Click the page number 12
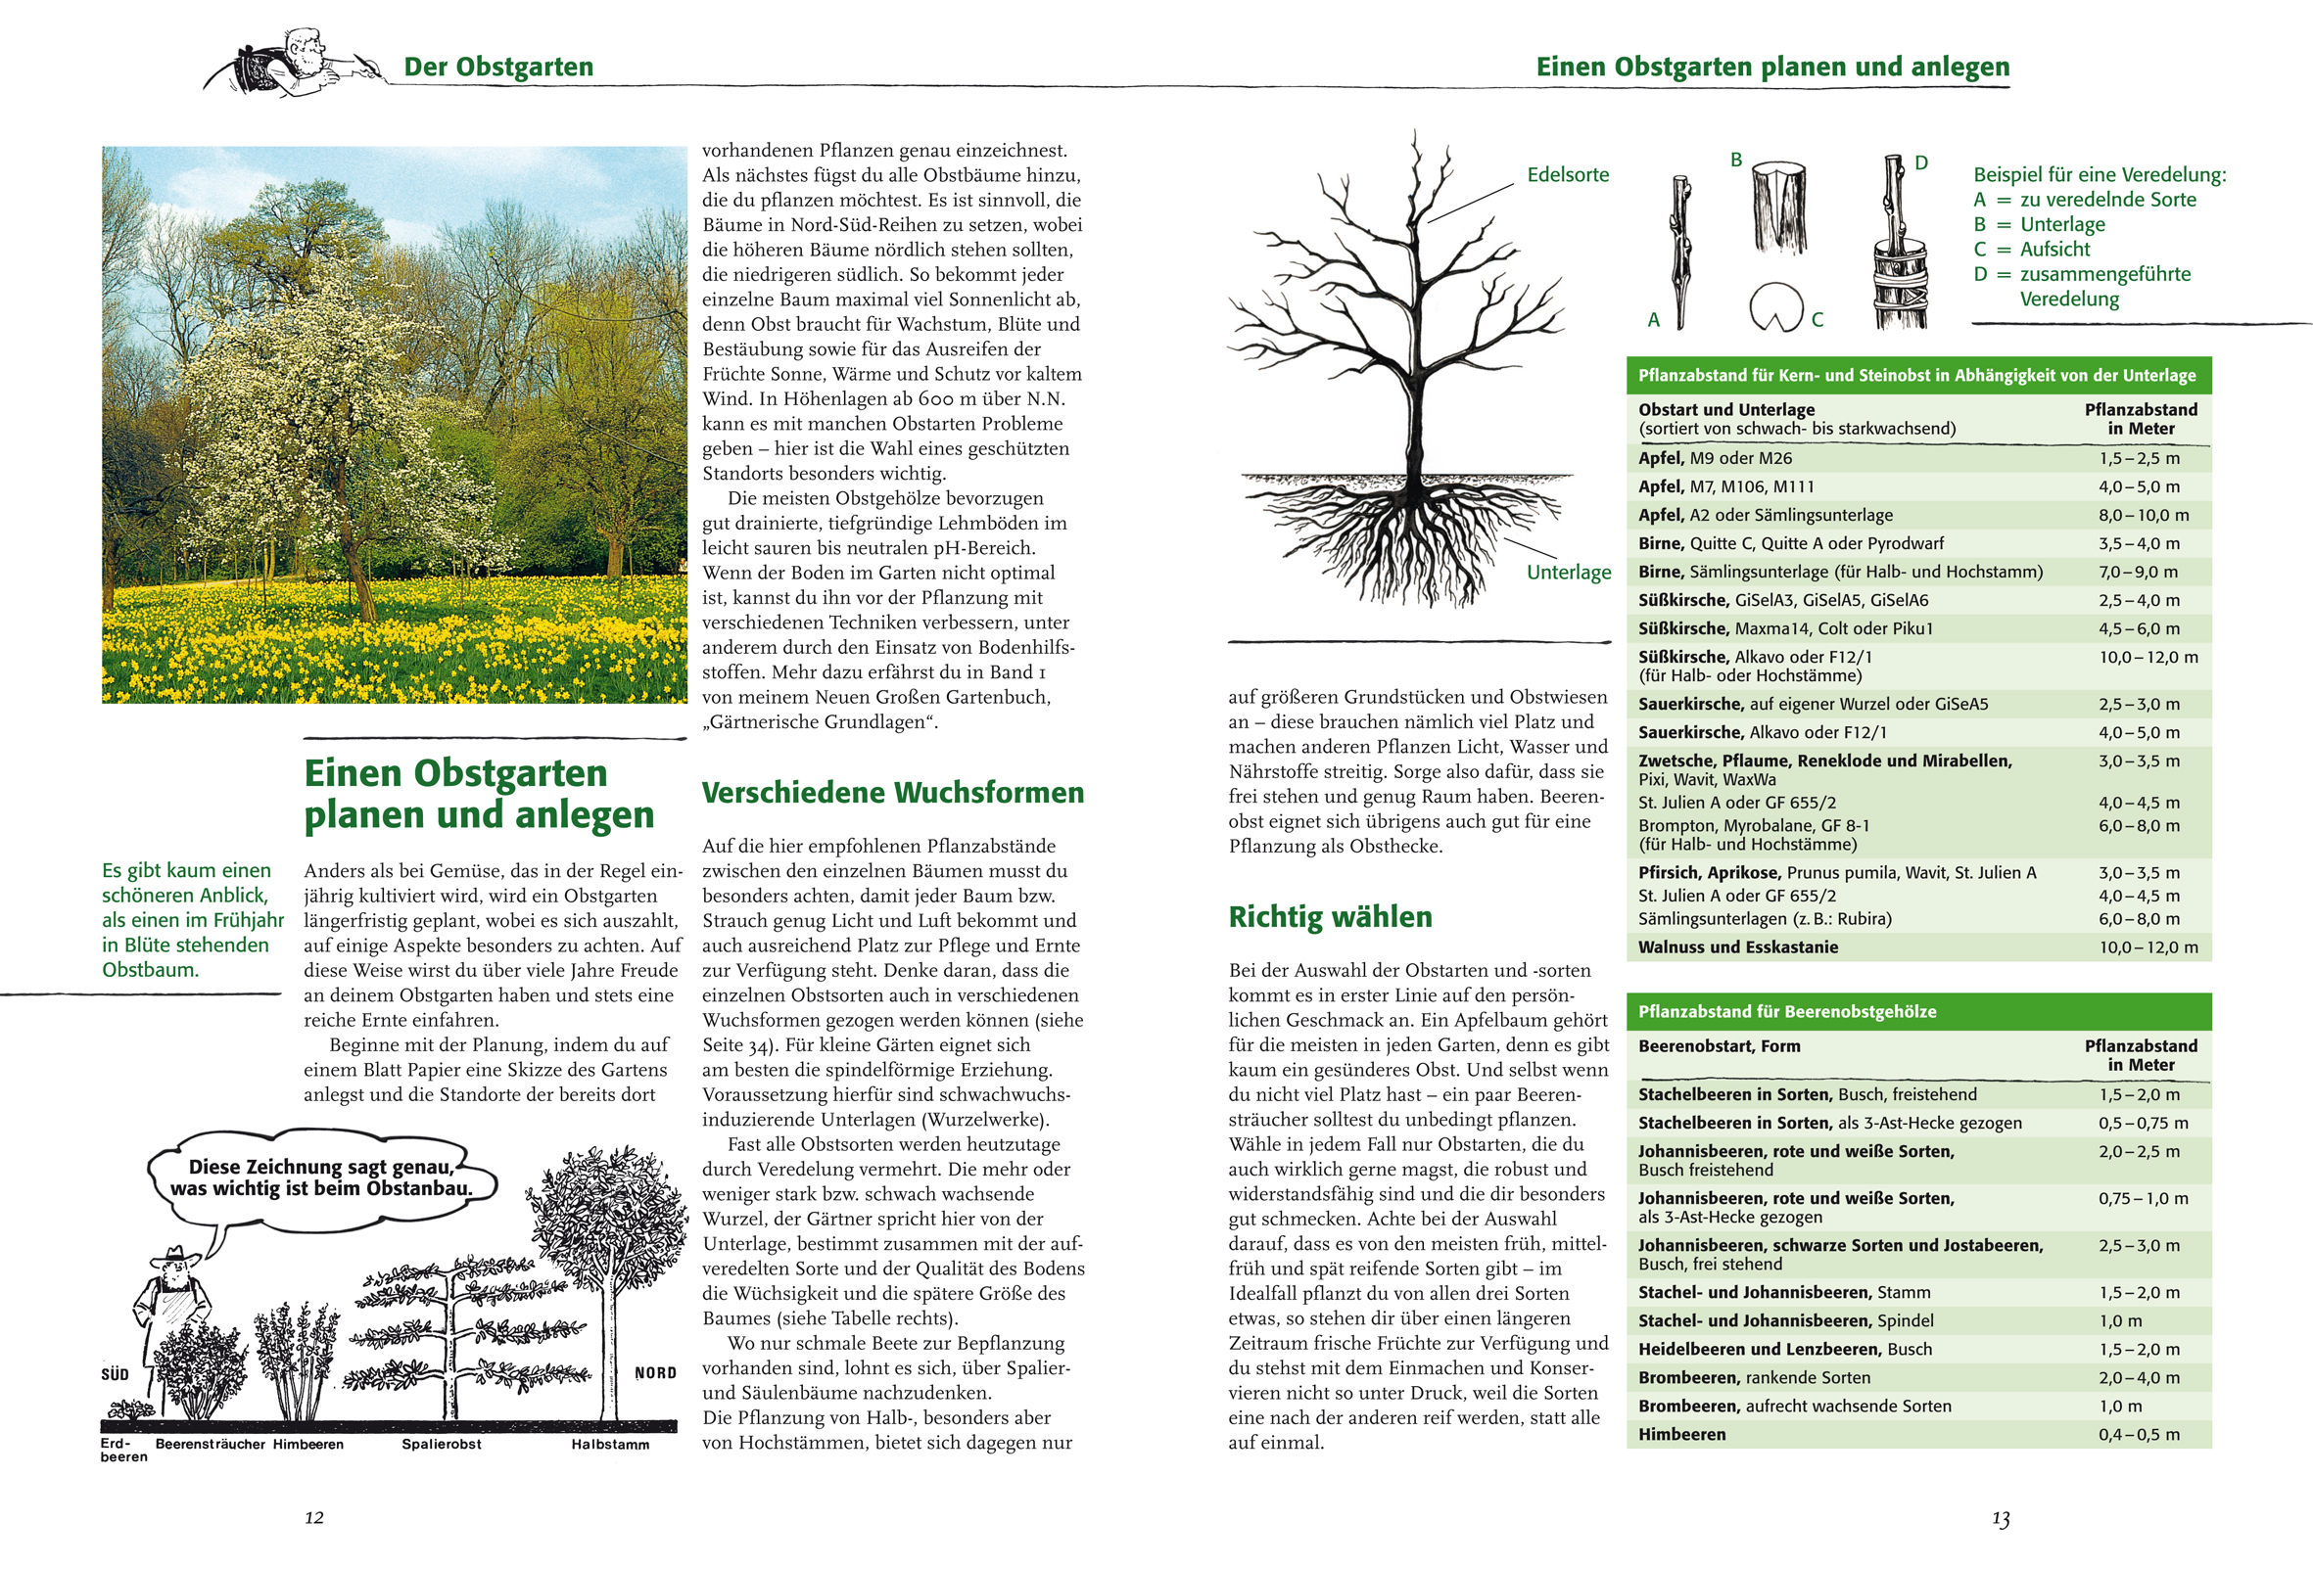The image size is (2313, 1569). click(313, 1517)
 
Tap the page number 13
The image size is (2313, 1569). click(2001, 1519)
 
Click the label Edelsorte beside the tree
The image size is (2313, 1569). click(1568, 175)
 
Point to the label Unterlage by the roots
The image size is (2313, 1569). click(1569, 572)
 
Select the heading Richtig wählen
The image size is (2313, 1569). click(1330, 916)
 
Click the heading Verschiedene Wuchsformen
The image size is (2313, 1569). click(893, 793)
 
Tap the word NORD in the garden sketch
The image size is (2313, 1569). click(655, 1373)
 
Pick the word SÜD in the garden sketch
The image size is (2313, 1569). click(115, 1374)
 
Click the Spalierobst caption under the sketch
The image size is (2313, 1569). click(441, 1444)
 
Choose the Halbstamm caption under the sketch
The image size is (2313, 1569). click(610, 1445)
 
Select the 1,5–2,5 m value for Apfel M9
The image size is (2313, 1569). click(2139, 459)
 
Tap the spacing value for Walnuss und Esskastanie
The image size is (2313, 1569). click(2148, 947)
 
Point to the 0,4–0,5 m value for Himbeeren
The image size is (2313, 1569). click(2139, 1435)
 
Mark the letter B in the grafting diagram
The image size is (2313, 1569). click(1736, 160)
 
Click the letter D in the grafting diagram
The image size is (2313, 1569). click(1921, 163)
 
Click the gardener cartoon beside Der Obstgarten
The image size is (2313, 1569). click(289, 62)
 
